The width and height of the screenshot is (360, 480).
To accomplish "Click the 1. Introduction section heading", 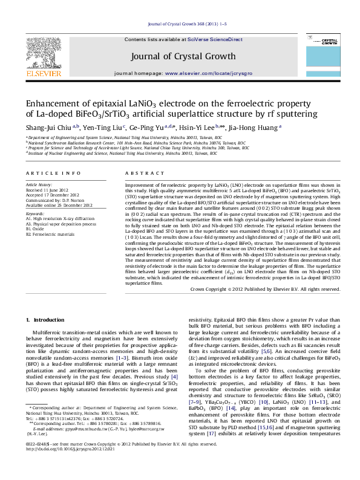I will pos(44,319).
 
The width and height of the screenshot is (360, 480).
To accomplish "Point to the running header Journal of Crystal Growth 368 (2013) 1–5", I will pos(187,25).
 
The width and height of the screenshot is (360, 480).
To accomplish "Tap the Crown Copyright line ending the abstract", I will pos(261,289).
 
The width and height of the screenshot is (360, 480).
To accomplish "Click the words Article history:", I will pos(39,184).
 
